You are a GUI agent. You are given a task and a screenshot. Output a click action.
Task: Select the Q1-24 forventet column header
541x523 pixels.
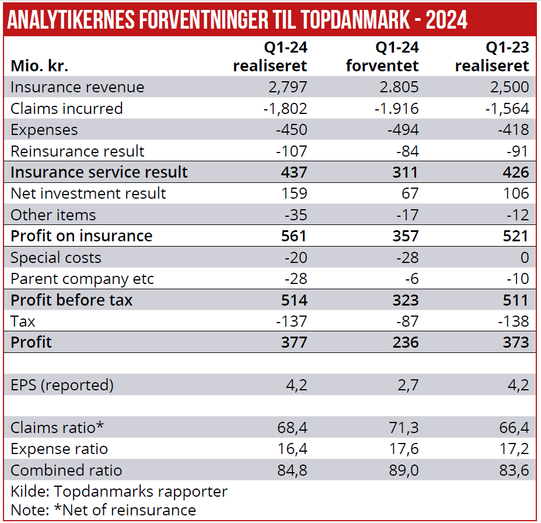click(x=382, y=56)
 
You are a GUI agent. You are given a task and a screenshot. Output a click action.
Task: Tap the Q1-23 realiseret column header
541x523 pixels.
click(x=492, y=56)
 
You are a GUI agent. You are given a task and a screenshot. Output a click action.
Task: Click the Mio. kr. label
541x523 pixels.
click(x=40, y=65)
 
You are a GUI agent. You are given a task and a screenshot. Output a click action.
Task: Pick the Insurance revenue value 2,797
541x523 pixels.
click(x=287, y=87)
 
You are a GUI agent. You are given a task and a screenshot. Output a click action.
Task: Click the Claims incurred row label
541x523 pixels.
click(x=67, y=109)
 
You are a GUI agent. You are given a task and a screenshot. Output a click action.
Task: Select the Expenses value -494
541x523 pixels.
click(x=403, y=130)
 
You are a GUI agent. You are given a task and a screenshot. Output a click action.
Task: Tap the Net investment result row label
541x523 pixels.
click(x=88, y=193)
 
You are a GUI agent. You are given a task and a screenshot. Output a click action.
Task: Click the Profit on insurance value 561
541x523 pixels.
click(x=294, y=236)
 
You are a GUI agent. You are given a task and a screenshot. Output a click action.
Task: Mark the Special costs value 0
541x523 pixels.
click(x=524, y=258)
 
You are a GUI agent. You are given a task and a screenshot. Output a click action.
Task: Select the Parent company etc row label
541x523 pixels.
click(x=82, y=279)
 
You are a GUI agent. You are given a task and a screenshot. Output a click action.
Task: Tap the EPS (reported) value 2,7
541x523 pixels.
click(x=408, y=385)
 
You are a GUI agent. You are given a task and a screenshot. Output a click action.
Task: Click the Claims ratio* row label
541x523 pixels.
click(x=57, y=428)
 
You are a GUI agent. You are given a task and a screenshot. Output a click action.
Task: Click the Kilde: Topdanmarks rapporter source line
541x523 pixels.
click(x=119, y=491)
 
